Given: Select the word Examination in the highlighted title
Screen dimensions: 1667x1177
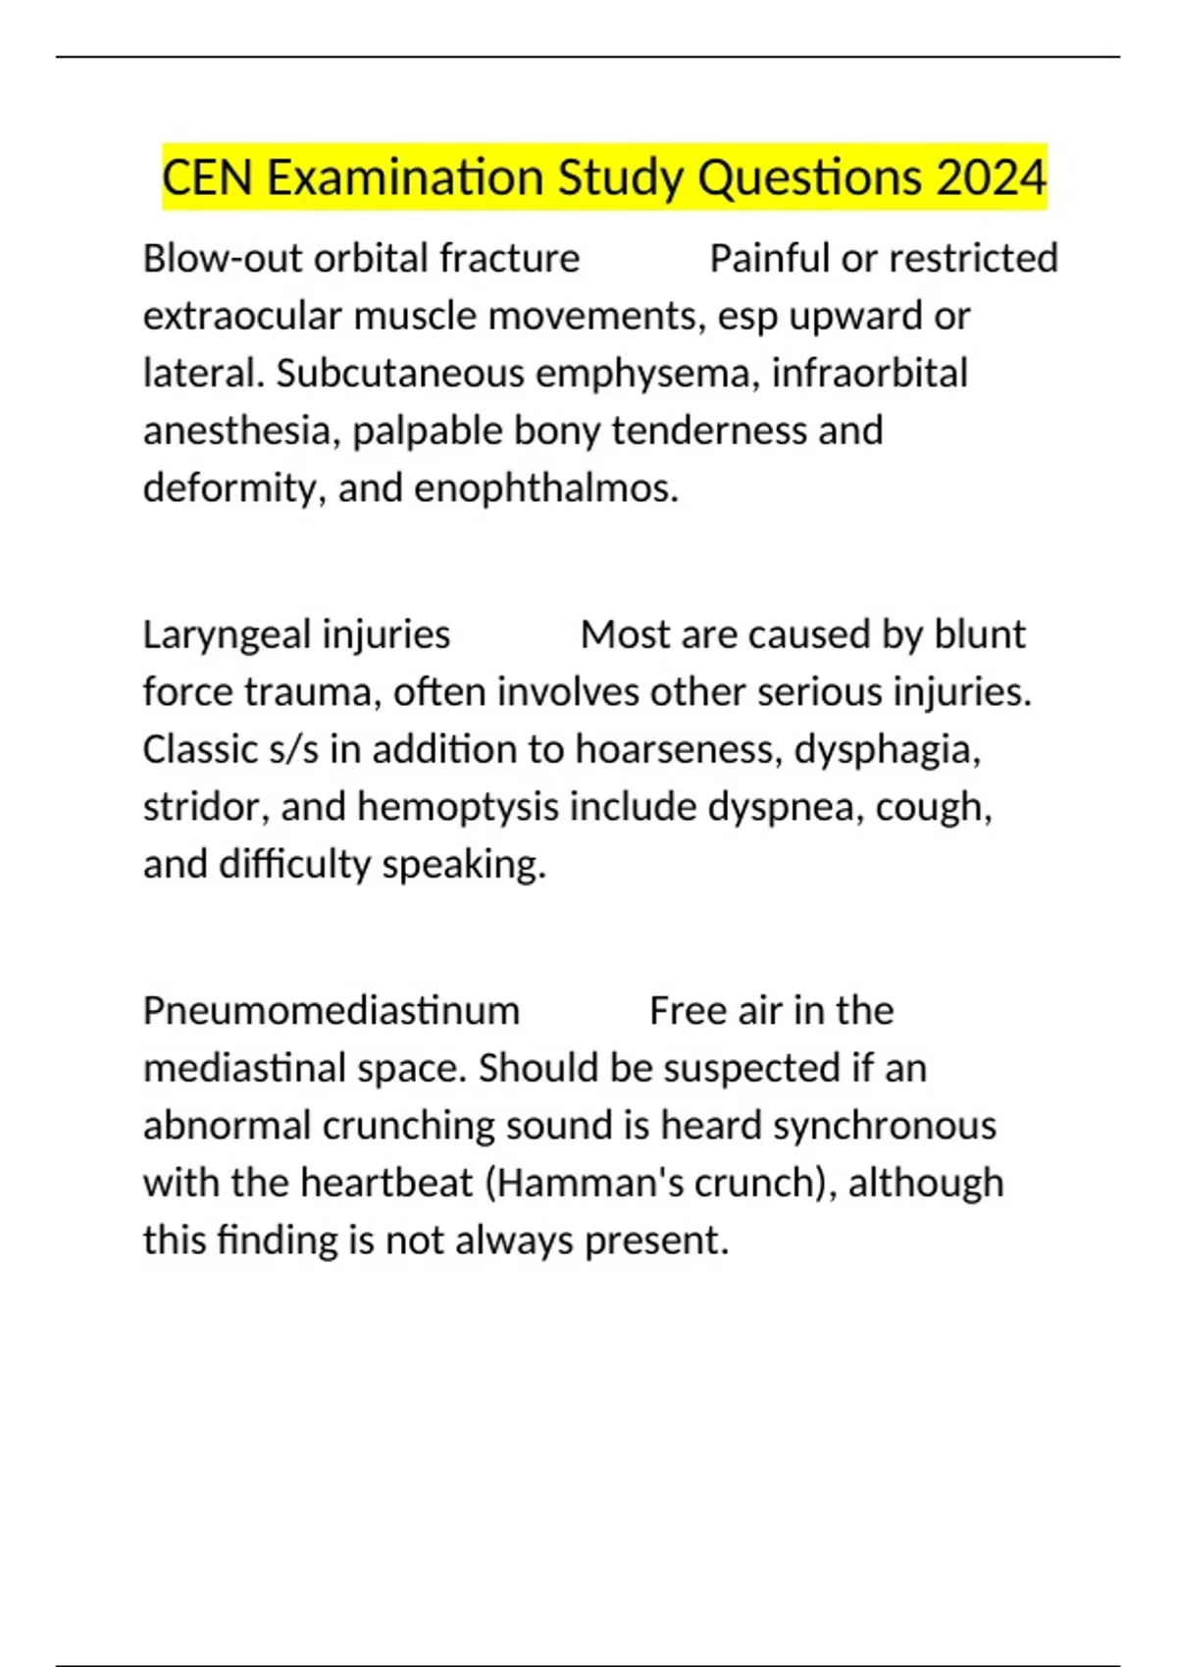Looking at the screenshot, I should (405, 178).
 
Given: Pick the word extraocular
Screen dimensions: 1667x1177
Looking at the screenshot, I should (241, 317).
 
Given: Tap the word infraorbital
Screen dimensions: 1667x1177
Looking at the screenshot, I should (869, 374).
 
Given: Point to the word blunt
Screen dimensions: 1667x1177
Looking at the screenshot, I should (979, 635).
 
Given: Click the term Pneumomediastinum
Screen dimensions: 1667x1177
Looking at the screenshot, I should (331, 1011).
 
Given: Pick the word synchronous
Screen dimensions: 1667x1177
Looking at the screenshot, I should (885, 1126).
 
